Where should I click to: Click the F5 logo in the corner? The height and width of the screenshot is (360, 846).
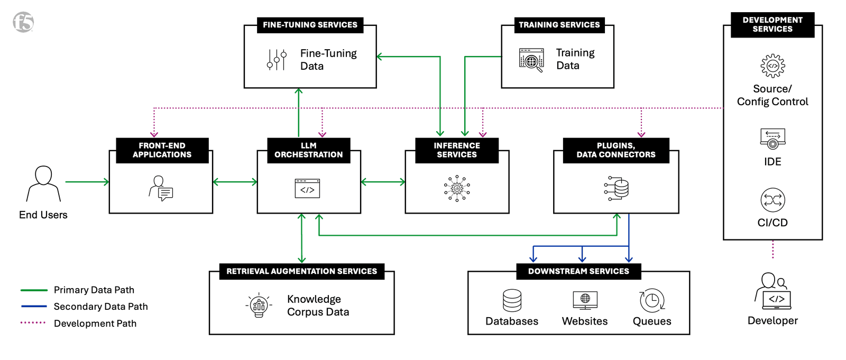pyautogui.click(x=23, y=22)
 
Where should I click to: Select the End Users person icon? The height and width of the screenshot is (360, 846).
pyautogui.click(x=43, y=183)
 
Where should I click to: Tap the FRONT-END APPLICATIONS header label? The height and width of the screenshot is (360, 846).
pyautogui.click(x=162, y=150)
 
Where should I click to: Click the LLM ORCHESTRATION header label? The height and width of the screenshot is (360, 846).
pyautogui.click(x=308, y=150)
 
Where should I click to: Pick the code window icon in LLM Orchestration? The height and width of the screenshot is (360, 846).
pyautogui.click(x=307, y=189)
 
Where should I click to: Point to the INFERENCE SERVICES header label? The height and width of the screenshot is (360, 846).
pyautogui.click(x=457, y=150)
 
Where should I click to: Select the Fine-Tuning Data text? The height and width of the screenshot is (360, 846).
pyautogui.click(x=328, y=60)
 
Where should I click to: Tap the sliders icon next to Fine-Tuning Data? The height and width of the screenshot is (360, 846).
pyautogui.click(x=277, y=60)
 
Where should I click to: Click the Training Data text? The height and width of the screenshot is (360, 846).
pyautogui.click(x=575, y=59)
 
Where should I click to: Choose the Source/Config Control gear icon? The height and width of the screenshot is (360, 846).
pyautogui.click(x=773, y=66)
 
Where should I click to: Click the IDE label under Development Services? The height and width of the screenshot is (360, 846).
pyautogui.click(x=773, y=162)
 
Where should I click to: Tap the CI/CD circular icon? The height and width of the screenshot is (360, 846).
pyautogui.click(x=773, y=200)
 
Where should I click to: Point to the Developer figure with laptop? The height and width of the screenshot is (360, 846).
pyautogui.click(x=773, y=291)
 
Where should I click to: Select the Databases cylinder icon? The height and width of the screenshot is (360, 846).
pyautogui.click(x=512, y=300)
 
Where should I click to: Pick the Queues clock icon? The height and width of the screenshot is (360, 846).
pyautogui.click(x=652, y=301)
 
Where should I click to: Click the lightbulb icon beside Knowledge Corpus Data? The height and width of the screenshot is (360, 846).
pyautogui.click(x=259, y=305)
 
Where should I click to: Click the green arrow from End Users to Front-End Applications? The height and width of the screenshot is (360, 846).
pyautogui.click(x=87, y=182)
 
